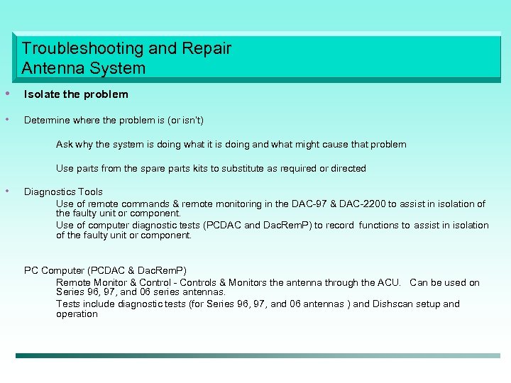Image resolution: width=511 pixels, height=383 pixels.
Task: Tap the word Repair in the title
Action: pyautogui.click(x=207, y=49)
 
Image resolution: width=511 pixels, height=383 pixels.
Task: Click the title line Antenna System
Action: pyautogui.click(x=83, y=69)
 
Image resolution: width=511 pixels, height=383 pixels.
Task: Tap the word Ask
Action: pyautogui.click(x=65, y=144)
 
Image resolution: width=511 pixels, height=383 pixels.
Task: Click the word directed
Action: pyautogui.click(x=347, y=168)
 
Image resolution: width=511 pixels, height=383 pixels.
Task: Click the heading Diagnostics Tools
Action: pyautogui.click(x=63, y=191)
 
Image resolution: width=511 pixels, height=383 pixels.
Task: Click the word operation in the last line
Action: pyautogui.click(x=77, y=313)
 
